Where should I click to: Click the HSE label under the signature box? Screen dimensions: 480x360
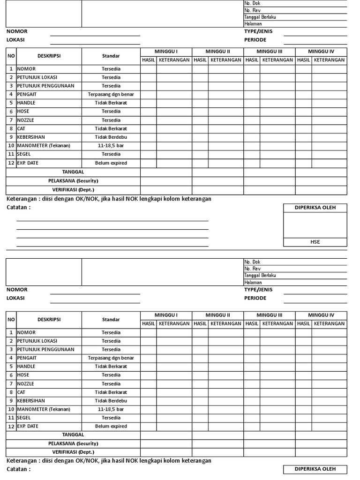[x=315, y=242]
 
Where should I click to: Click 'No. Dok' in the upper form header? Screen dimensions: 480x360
[x=252, y=3]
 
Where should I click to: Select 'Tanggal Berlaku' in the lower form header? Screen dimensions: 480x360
[x=260, y=276]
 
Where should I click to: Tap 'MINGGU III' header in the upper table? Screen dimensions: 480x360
[x=270, y=51]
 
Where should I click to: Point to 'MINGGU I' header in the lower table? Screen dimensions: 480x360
[x=166, y=315]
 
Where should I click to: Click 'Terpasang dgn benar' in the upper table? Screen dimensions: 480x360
[x=111, y=94]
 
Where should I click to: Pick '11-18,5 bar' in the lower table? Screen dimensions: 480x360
[x=111, y=409]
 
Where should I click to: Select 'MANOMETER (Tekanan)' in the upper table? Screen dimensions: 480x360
[x=44, y=145]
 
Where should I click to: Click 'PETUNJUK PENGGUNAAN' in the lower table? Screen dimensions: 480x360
[x=45, y=349]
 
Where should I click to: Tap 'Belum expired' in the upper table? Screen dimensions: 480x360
[x=111, y=163]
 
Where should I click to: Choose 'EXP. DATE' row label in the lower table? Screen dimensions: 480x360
[x=28, y=426]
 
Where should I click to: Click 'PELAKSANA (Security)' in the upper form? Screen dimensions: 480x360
[x=73, y=180]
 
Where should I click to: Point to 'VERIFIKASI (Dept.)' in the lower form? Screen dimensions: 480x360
[x=73, y=452]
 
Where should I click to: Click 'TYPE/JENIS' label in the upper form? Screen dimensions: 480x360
[x=258, y=31]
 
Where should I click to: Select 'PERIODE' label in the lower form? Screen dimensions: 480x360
[x=255, y=298]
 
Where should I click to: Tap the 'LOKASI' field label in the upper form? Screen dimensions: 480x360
[x=15, y=40]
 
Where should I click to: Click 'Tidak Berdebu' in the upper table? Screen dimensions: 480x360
[x=111, y=137]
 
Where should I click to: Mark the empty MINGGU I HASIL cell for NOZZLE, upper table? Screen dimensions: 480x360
[x=149, y=120]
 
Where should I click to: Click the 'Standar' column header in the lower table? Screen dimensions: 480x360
[x=111, y=319]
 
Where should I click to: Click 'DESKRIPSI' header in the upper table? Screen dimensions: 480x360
[x=49, y=56]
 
